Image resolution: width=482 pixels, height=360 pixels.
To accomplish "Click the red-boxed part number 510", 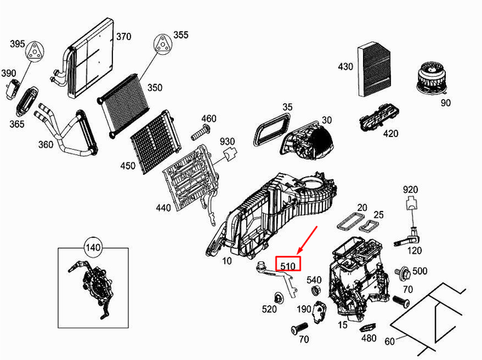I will click(288, 265).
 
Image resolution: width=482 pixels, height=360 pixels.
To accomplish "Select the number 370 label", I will click(123, 37).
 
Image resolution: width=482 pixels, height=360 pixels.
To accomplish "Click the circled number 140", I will click(92, 246).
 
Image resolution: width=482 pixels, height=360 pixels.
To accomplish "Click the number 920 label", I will click(410, 189).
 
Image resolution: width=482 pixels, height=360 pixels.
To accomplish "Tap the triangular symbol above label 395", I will click(32, 52).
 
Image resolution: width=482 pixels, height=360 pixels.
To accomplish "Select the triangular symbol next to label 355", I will click(161, 44).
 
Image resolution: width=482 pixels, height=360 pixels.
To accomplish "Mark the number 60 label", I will click(389, 342).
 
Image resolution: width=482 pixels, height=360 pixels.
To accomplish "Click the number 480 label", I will click(368, 338).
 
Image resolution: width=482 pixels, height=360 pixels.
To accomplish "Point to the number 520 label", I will click(269, 309).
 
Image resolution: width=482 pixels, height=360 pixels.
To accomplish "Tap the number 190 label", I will click(304, 310).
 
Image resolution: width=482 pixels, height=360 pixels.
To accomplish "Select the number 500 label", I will click(419, 271).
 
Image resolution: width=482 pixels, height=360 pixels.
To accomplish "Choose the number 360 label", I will click(44, 144).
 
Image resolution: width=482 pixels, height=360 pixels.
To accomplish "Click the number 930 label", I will click(227, 142).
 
